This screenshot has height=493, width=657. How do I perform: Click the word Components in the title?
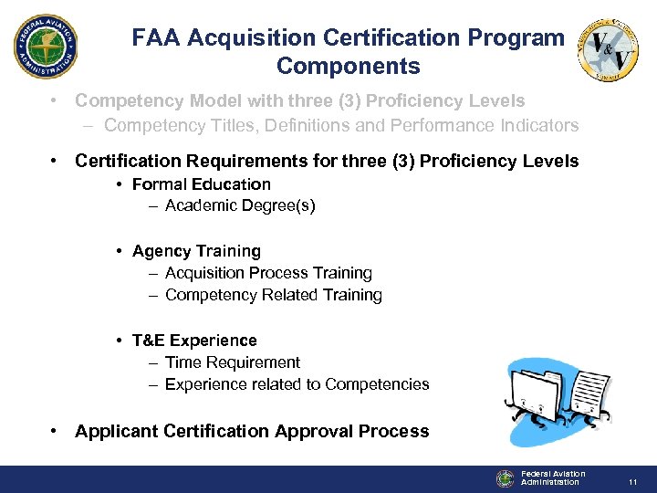[348, 67]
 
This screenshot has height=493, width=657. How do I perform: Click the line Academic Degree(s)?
[240, 205]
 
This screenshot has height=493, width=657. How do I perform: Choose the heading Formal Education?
[201, 184]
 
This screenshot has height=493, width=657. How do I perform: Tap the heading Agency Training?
[196, 251]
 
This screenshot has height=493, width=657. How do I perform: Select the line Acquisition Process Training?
[268, 273]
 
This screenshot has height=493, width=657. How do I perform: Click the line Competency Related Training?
[273, 295]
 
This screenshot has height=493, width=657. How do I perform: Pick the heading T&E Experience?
[194, 341]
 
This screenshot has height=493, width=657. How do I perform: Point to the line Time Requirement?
[232, 362]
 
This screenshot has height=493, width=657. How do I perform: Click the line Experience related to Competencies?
[297, 384]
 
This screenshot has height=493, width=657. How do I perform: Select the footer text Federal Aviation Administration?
[552, 477]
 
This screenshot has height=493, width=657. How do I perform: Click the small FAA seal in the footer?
[506, 478]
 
